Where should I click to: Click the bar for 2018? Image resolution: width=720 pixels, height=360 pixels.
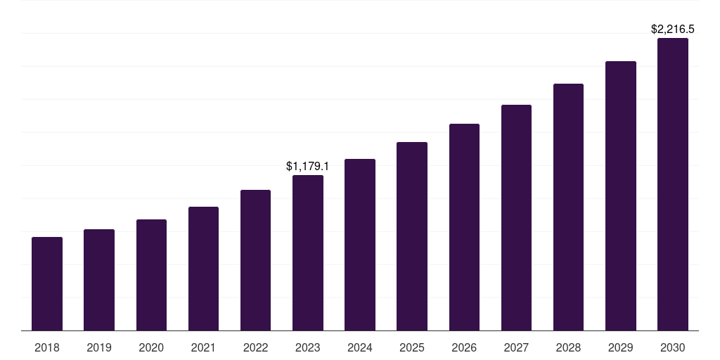[x=47, y=284]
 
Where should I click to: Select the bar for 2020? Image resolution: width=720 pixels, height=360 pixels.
[x=151, y=275]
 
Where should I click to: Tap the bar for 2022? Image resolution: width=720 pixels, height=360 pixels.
[x=255, y=260]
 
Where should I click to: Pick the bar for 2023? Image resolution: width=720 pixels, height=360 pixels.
[x=308, y=253]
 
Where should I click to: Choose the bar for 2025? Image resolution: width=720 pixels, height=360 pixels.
[x=412, y=236]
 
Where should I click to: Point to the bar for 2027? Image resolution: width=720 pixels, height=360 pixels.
[x=516, y=218]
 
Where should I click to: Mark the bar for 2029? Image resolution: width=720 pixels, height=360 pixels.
[x=621, y=196]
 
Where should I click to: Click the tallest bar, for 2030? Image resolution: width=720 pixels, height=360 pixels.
[x=673, y=184]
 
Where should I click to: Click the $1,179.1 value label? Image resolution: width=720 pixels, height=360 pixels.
[x=308, y=167]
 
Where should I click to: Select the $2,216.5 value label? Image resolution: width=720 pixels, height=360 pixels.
[x=673, y=30]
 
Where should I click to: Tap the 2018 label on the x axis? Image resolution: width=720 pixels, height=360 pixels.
[x=47, y=347]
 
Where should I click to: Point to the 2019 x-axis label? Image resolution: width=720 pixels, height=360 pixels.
[x=99, y=347]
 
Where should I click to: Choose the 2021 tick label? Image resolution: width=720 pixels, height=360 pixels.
[x=203, y=347]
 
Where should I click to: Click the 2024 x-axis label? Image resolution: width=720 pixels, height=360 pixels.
[x=360, y=347]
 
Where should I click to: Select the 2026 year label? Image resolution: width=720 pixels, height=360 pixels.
[x=464, y=347]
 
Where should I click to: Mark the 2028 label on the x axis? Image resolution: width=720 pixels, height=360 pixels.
[x=568, y=347]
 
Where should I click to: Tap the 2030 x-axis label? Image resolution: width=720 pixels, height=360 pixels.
[x=673, y=347]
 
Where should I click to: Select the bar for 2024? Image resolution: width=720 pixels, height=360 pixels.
[x=360, y=245]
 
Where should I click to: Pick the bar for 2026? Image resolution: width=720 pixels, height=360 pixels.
[x=464, y=227]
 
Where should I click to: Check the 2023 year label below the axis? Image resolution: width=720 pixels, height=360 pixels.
[x=308, y=347]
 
